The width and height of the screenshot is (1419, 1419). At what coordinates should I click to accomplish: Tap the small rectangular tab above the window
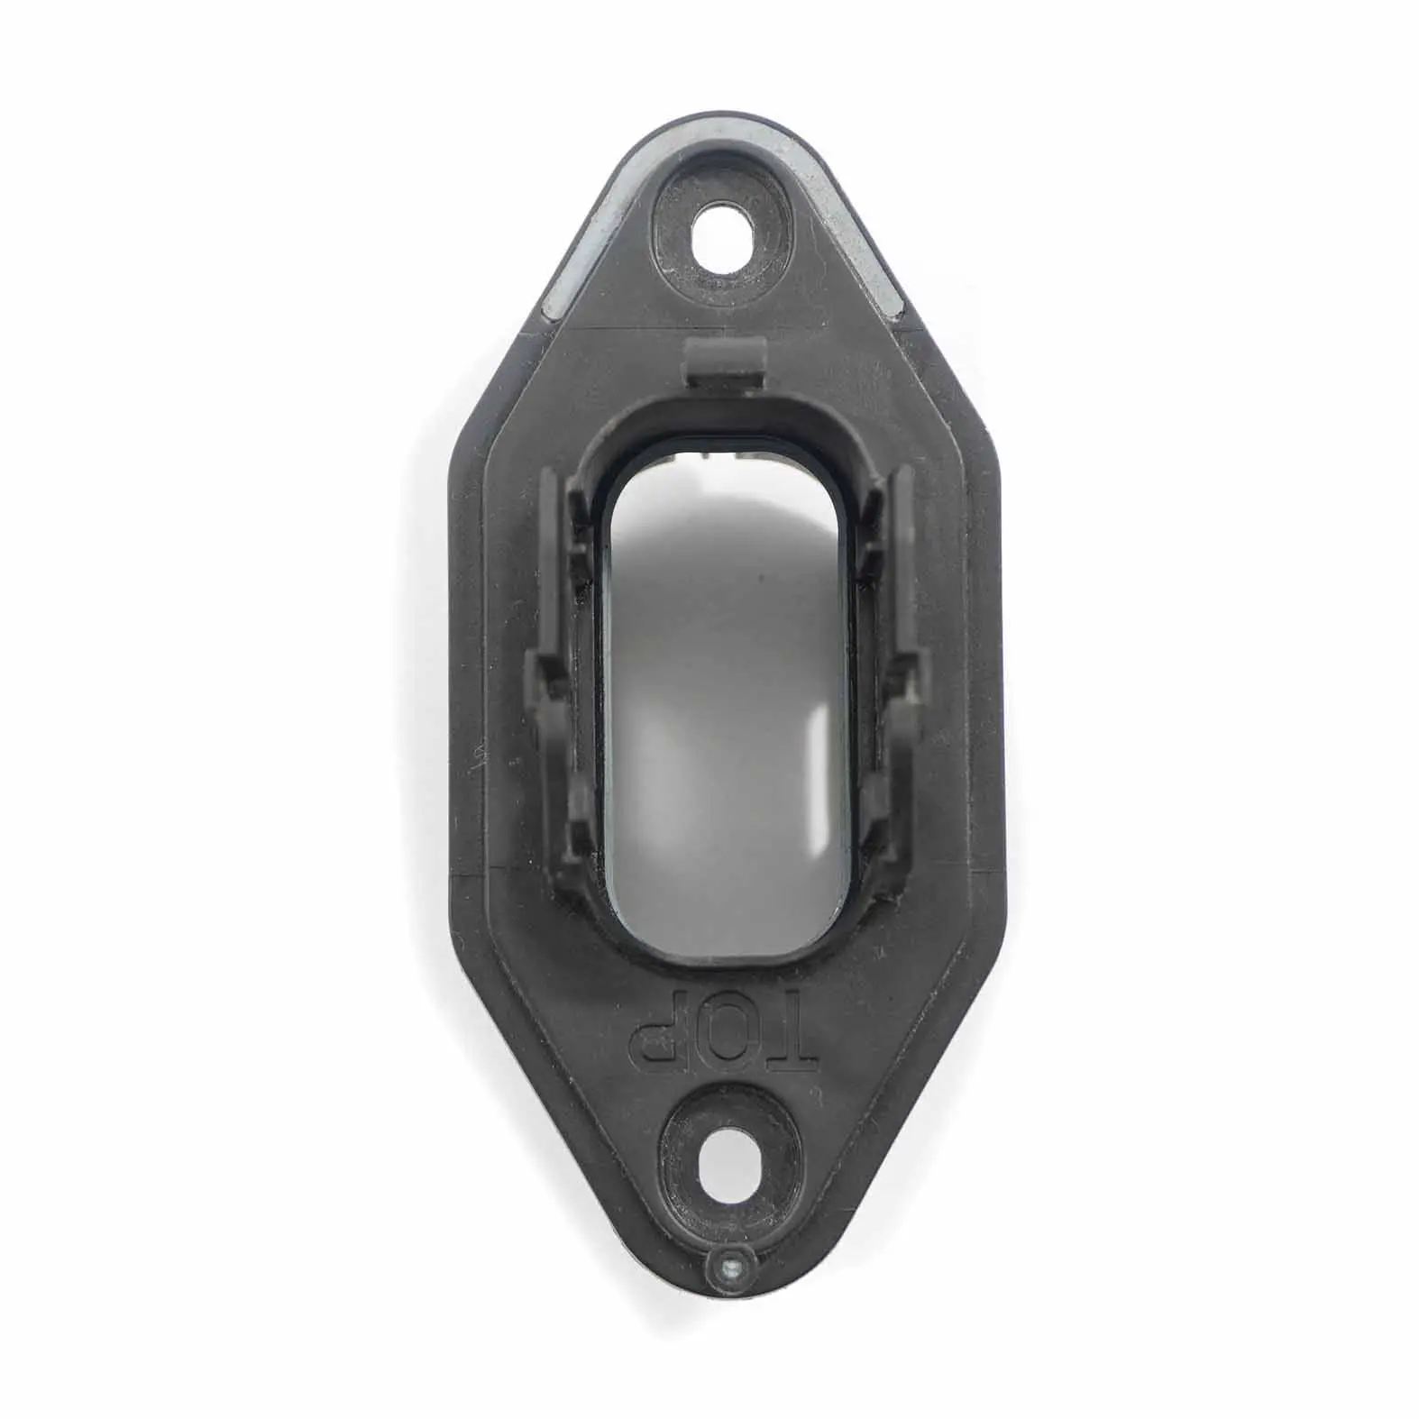pyautogui.click(x=726, y=362)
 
